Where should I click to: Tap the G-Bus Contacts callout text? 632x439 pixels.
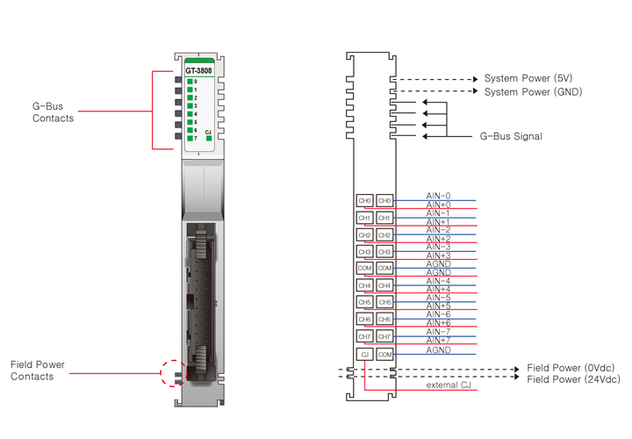53,112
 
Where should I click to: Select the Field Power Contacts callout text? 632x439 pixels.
37,371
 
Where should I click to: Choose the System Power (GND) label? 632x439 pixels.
533,91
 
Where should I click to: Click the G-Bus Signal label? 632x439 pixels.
510,136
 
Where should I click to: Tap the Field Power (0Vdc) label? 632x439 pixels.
571,367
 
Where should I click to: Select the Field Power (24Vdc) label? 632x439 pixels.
573,379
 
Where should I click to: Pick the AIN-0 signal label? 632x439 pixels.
438,196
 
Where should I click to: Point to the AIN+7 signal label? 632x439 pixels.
438,340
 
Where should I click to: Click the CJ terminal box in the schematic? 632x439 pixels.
364,354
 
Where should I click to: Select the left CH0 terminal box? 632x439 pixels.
364,201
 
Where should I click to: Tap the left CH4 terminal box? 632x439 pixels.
364,285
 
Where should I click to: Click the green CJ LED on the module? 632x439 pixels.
208,138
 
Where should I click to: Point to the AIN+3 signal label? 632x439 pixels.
438,255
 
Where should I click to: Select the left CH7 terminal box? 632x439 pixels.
364,336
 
